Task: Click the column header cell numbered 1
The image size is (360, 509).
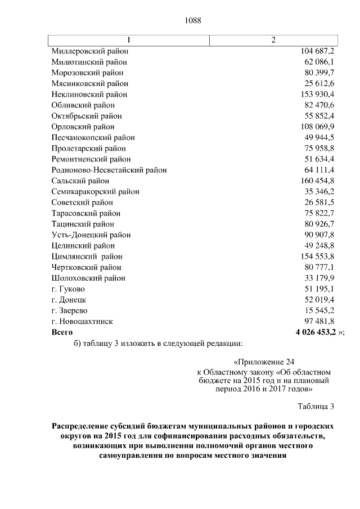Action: [129, 40]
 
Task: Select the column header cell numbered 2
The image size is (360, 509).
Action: [273, 40]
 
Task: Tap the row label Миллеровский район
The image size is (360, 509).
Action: [90, 51]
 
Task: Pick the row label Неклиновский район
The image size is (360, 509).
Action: [89, 94]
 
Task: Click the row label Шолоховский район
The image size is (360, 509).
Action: [88, 278]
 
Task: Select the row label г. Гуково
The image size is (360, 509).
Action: [68, 289]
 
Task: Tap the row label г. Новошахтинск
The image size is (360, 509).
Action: [82, 321]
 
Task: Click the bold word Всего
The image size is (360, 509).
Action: [62, 332]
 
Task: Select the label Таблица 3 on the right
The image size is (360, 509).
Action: [316, 406]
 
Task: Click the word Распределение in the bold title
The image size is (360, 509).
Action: [85, 426]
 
